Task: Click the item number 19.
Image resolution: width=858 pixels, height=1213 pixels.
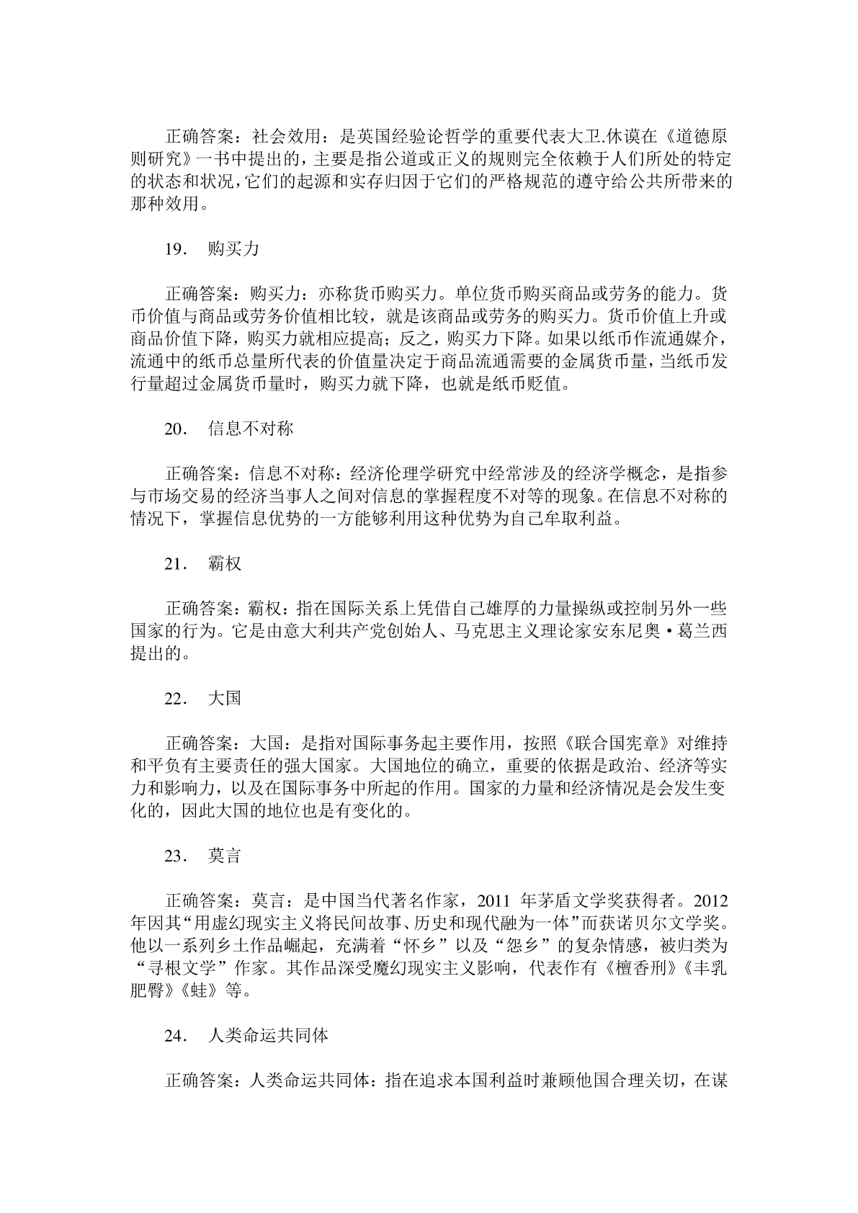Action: point(176,249)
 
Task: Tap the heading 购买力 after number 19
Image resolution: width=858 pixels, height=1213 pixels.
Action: point(233,249)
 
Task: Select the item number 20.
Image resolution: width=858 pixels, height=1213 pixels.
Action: point(176,429)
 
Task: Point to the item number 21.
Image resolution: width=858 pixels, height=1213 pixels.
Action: point(176,564)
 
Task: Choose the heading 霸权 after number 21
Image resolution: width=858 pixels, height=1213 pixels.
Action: point(224,564)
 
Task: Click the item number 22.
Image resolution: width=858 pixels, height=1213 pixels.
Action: point(176,699)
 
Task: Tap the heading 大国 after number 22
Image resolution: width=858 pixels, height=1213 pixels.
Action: point(224,699)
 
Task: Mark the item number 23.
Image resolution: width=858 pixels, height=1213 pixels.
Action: point(176,856)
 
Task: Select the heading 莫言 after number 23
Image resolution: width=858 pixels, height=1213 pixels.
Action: point(224,856)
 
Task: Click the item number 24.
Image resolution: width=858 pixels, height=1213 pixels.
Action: point(176,1036)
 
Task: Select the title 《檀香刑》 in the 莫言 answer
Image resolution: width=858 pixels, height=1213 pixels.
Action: point(638,969)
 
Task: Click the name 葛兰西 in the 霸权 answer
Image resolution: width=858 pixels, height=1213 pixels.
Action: point(702,632)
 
